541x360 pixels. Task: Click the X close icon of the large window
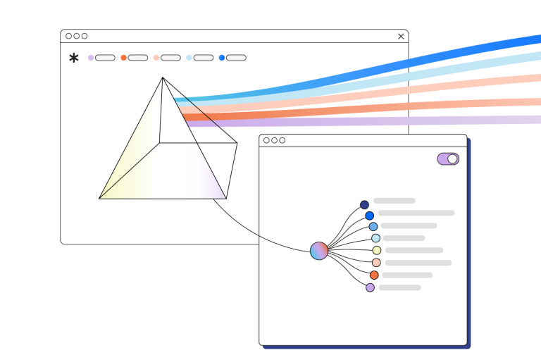pos(401,36)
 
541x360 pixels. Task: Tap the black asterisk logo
pos(74,58)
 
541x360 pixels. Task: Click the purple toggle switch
pos(448,159)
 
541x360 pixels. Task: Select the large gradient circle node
pos(319,251)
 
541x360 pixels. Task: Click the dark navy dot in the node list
pos(364,205)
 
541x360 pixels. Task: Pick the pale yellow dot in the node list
pos(377,250)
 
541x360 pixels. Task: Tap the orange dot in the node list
pos(374,275)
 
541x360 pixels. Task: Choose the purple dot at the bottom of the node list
pos(371,287)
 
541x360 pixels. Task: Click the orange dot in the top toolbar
pos(124,58)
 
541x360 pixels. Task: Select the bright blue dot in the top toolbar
pos(222,58)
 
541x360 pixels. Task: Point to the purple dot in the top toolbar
pos(91,58)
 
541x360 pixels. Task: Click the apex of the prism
pos(163,77)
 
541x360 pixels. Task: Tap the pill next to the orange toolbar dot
pos(138,58)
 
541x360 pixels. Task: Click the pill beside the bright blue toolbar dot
pos(236,58)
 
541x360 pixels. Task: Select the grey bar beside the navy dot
pos(394,201)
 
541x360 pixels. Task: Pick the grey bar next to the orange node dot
pos(407,275)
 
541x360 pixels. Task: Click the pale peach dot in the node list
pos(376,263)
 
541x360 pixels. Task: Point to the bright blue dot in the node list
pos(369,216)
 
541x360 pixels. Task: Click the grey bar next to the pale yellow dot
pos(414,250)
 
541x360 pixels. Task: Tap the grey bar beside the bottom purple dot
pos(399,287)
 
